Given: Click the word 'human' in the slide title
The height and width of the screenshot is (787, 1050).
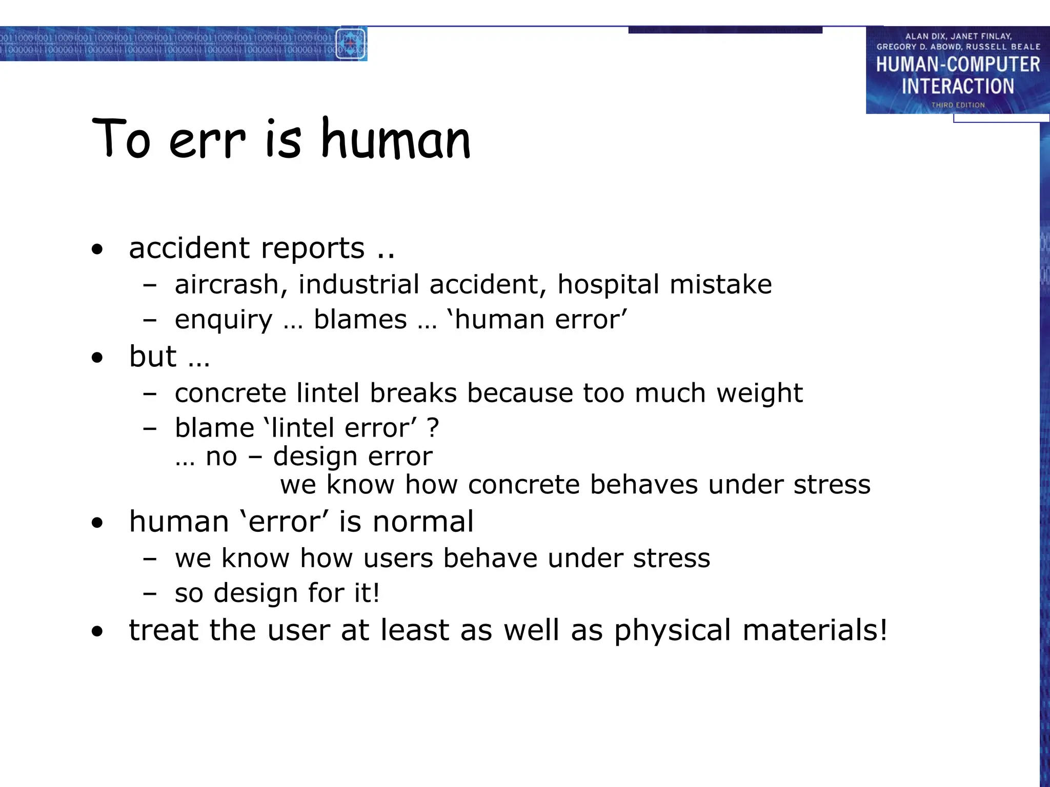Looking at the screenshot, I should pos(395,139).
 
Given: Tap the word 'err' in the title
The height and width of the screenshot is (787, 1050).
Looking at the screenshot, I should pos(207,141).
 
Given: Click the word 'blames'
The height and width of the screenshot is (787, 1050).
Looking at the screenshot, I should pos(360,320).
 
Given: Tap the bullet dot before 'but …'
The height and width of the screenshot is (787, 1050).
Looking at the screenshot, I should pos(97,358).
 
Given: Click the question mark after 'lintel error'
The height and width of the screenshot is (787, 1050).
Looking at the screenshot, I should pos(433,428).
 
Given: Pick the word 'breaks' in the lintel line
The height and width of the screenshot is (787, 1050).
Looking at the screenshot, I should pos(413,393).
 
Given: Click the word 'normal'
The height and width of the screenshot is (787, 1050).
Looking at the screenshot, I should pos(423,522).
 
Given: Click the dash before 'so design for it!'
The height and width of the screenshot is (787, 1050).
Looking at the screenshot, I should pos(149,594).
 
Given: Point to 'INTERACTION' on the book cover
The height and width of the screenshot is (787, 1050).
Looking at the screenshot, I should pos(958,86).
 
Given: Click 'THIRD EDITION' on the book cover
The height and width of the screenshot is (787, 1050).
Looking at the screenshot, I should pos(958,105).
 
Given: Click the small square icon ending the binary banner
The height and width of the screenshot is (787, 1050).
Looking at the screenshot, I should pos(351,44).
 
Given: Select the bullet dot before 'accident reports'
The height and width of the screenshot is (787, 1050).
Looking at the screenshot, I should pos(97,250).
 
